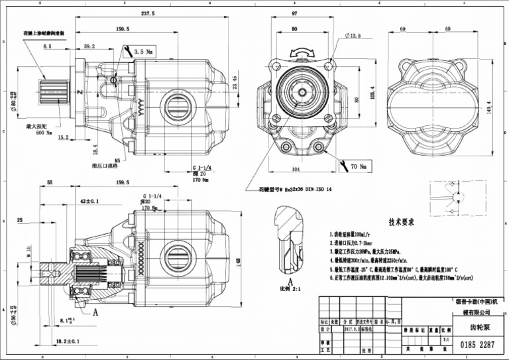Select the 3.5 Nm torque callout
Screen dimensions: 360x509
[x=144, y=51]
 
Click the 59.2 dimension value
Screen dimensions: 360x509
[x=89, y=46]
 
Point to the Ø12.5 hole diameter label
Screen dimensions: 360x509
[x=352, y=36]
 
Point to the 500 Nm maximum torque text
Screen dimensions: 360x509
[x=44, y=132]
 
